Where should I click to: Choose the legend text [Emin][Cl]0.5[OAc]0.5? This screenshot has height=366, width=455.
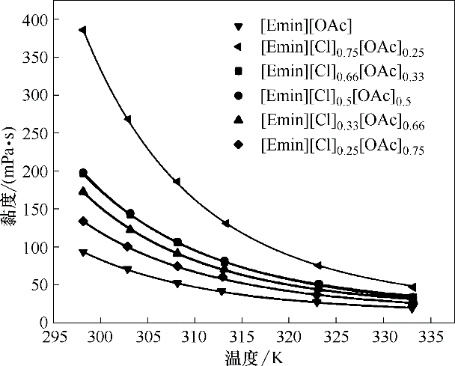[x=336, y=96]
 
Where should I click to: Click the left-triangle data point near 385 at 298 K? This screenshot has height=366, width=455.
[x=82, y=30]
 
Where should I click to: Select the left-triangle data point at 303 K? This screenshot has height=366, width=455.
[x=129, y=119]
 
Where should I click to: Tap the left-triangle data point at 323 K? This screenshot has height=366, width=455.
[x=318, y=266]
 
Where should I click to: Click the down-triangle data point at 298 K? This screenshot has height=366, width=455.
[x=83, y=252]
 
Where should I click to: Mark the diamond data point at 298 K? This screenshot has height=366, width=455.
[x=83, y=222]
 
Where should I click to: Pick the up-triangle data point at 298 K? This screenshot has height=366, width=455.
[x=83, y=191]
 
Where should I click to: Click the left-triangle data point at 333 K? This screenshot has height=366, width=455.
[x=412, y=287]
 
